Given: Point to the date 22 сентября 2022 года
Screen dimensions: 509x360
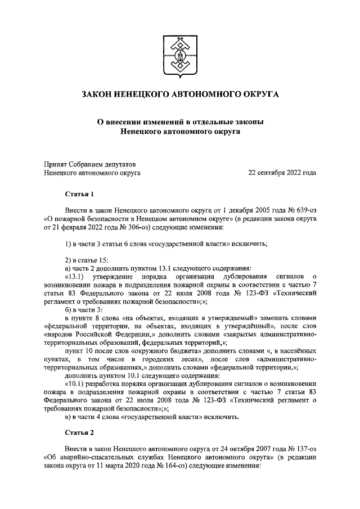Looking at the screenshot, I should [x=282, y=173].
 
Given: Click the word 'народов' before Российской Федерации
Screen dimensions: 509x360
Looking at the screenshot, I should [x=58, y=336].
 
